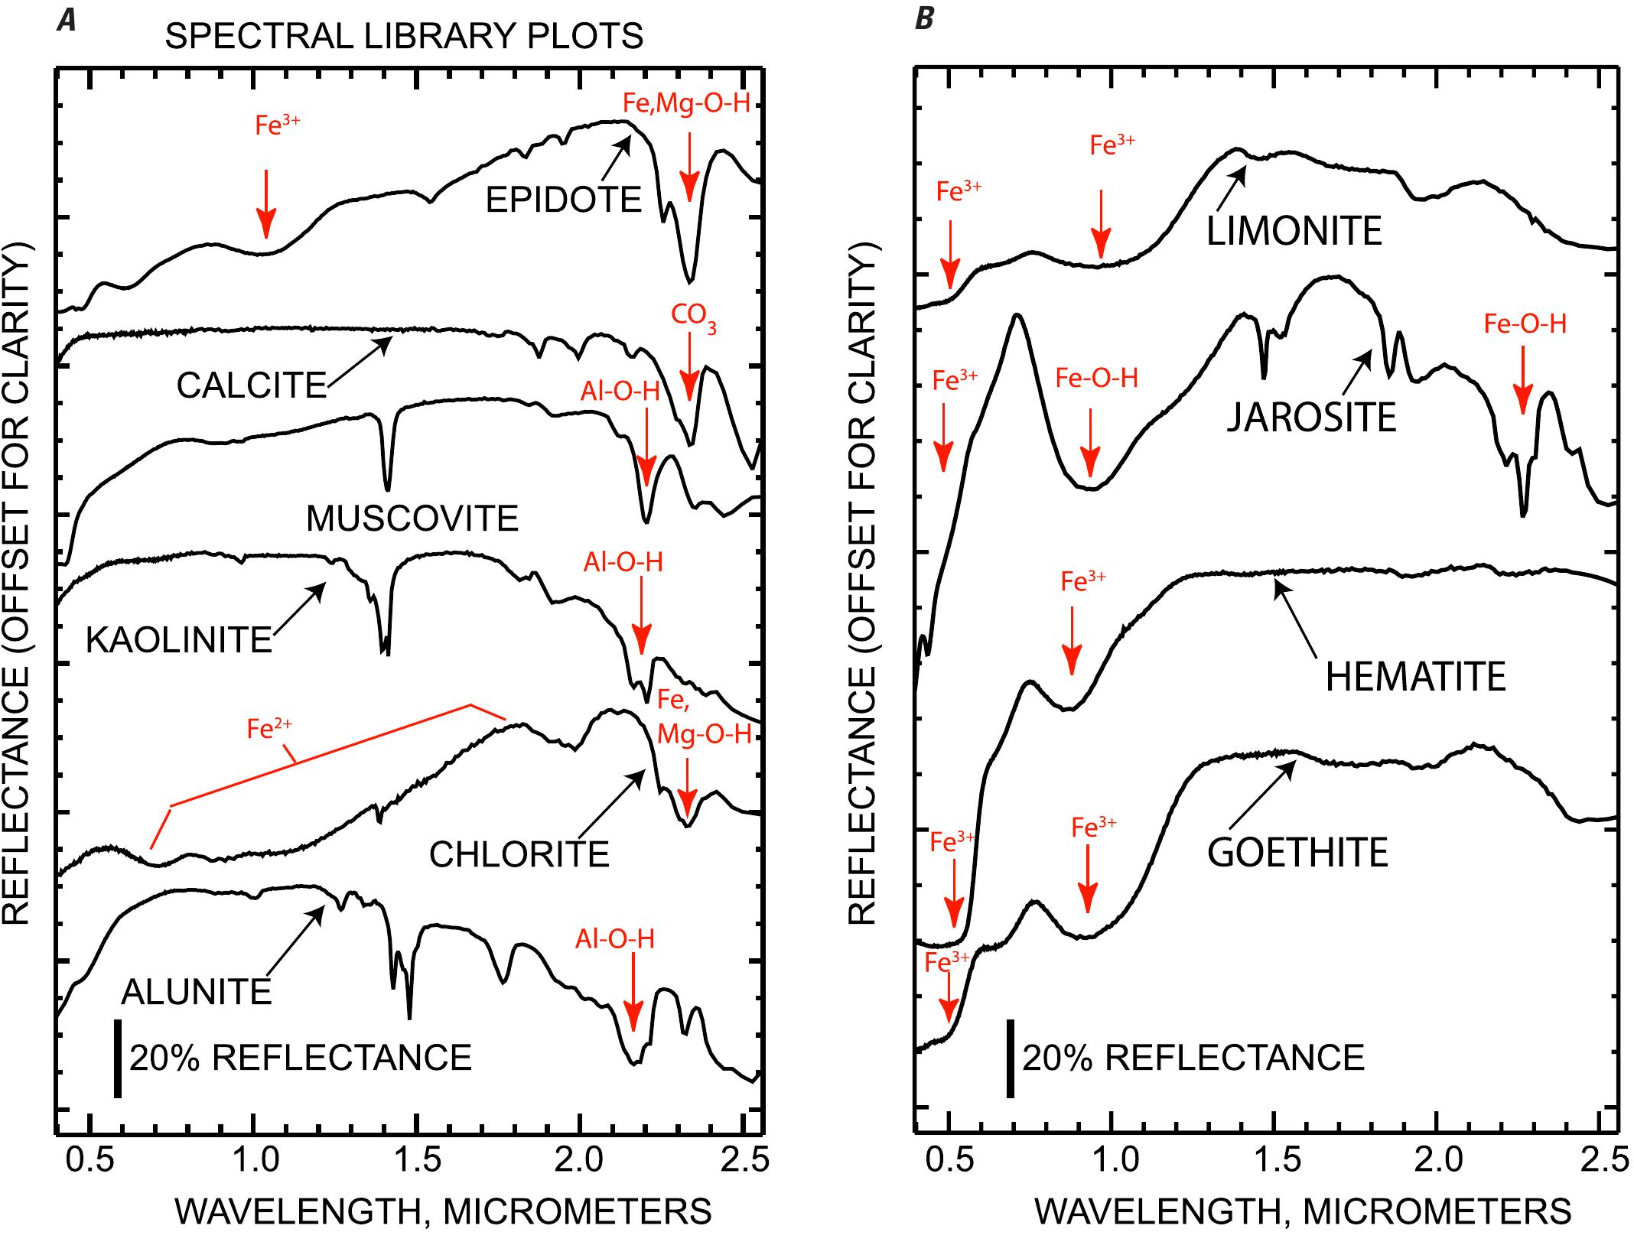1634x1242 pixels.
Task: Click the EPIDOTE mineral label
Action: pyautogui.click(x=563, y=200)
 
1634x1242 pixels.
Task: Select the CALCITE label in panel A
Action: pyautogui.click(x=252, y=385)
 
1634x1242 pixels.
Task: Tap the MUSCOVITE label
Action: pyautogui.click(x=412, y=519)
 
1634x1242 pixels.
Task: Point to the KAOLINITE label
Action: pyautogui.click(x=179, y=640)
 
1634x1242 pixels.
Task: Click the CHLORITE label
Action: pyautogui.click(x=519, y=854)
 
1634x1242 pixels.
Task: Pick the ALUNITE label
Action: pyautogui.click(x=197, y=993)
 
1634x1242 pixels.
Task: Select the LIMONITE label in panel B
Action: pyautogui.click(x=1294, y=231)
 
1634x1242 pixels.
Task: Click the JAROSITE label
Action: pyautogui.click(x=1312, y=418)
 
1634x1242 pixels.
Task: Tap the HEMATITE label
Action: pyautogui.click(x=1415, y=677)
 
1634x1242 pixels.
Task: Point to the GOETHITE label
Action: pyautogui.click(x=1297, y=853)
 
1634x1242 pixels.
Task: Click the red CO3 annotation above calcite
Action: pyautogui.click(x=694, y=317)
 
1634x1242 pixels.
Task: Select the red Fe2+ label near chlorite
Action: pyautogui.click(x=269, y=729)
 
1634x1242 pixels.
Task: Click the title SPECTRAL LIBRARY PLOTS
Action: pyautogui.click(x=404, y=36)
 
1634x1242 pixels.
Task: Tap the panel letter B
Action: pyautogui.click(x=924, y=18)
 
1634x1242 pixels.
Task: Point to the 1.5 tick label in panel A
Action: pyautogui.click(x=417, y=1160)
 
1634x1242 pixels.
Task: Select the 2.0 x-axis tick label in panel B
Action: pyautogui.click(x=1439, y=1160)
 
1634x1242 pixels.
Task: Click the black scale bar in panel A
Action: pyautogui.click(x=117, y=1058)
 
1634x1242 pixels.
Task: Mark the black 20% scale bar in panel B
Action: pyautogui.click(x=1010, y=1058)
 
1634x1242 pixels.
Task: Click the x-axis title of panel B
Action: pyautogui.click(x=1303, y=1211)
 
